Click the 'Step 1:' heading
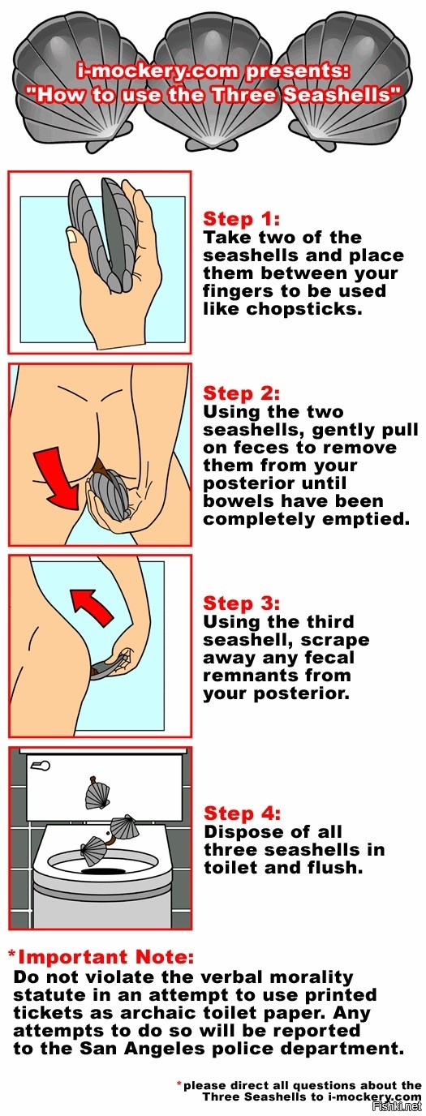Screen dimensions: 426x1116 tap(241, 219)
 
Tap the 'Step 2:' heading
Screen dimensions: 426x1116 tap(241, 393)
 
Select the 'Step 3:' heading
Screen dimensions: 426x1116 tap(241, 603)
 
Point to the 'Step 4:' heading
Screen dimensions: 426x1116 tap(242, 813)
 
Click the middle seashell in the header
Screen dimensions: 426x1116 tap(213, 84)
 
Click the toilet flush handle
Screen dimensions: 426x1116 tap(40, 766)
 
